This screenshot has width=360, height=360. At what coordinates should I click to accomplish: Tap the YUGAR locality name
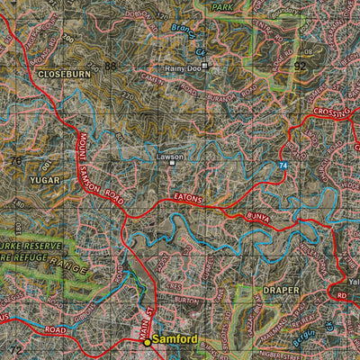tap(44, 180)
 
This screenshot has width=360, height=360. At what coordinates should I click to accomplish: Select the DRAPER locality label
tap(281, 291)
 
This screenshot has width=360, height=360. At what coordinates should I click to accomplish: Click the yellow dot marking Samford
tap(148, 342)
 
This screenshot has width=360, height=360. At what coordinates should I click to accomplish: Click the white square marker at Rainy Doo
tap(205, 66)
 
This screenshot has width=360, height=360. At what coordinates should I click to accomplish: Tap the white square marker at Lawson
tap(173, 164)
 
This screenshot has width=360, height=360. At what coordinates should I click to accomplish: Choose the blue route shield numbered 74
tap(283, 166)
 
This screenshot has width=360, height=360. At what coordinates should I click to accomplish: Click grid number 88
tap(110, 67)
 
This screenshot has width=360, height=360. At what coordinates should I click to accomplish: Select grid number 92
tap(300, 67)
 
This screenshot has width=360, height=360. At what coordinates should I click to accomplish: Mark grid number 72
tap(14, 348)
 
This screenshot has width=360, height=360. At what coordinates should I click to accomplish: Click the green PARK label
tap(221, 6)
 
